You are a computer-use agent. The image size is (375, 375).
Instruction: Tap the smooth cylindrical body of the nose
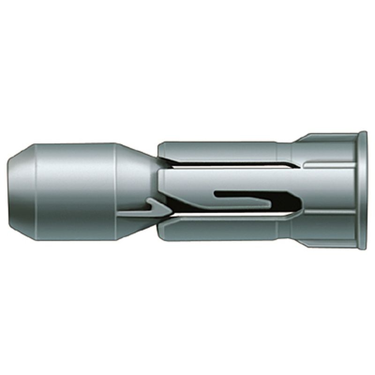pos(75,191)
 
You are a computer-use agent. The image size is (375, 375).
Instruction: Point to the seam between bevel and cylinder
pos(35,191)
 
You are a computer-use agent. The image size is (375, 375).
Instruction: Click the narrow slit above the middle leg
pos(225,165)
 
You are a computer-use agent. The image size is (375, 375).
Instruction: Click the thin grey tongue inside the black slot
pos(244,199)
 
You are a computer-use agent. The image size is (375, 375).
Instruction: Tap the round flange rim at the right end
pos(362,190)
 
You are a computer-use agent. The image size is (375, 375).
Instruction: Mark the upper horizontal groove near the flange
pos(328,165)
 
